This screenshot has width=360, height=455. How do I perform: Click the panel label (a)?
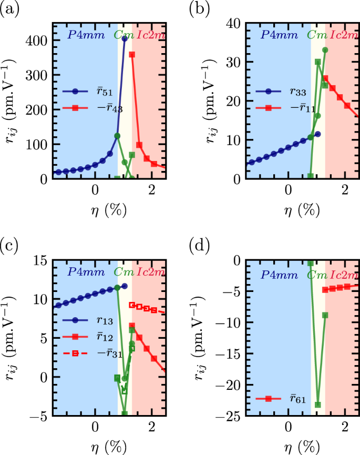(10, 9)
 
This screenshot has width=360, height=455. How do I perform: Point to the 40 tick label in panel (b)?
(234, 23)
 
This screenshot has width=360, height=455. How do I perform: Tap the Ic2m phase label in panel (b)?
(344, 36)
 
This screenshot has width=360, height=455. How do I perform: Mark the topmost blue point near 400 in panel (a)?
(125, 39)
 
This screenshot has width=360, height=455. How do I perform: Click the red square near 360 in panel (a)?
(132, 54)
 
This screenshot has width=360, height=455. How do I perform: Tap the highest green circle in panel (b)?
(325, 50)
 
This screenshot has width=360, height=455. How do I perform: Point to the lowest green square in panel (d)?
(317, 405)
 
